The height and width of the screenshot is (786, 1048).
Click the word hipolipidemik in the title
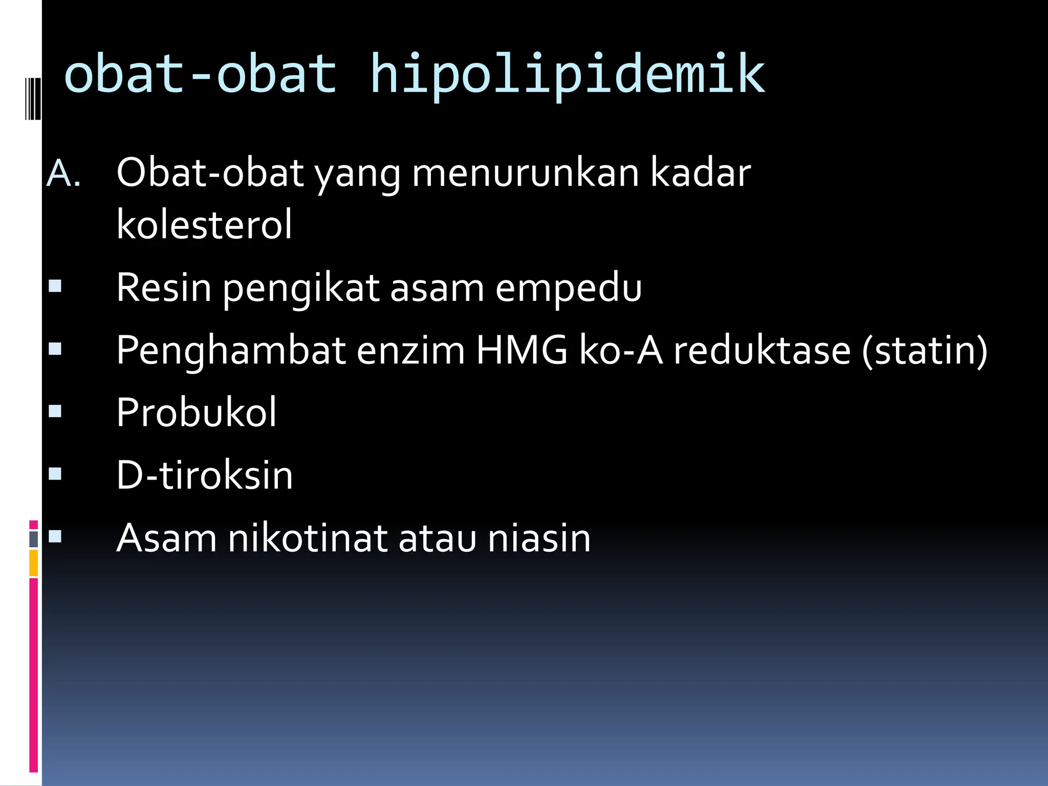click(567, 76)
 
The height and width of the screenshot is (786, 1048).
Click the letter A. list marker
click(63, 174)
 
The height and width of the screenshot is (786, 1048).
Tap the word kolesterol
click(204, 225)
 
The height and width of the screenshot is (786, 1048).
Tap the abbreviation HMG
click(521, 351)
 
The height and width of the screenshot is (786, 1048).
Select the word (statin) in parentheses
click(925, 351)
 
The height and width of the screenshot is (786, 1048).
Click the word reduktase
click(761, 351)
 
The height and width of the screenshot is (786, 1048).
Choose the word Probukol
click(196, 412)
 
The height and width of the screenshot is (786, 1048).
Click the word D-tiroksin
click(204, 475)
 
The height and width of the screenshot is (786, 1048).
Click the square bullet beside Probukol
click(55, 411)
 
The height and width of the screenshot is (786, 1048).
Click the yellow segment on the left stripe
click(34, 563)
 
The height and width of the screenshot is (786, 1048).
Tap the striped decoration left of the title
click(33, 98)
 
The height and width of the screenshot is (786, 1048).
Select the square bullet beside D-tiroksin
click(55, 474)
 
